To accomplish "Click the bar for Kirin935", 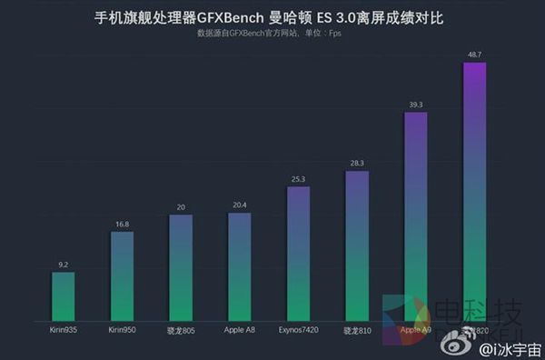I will [63, 295].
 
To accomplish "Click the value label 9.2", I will [63, 265].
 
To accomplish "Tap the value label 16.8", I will [122, 225].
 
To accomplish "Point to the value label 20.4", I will [240, 205].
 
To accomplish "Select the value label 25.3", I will [298, 180].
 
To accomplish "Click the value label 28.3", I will [357, 164].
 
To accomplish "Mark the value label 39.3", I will [416, 105].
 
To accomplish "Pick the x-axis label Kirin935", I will [63, 329].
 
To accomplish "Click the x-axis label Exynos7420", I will [298, 329].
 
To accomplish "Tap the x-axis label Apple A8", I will [240, 329].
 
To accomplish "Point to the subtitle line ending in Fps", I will [269, 34].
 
